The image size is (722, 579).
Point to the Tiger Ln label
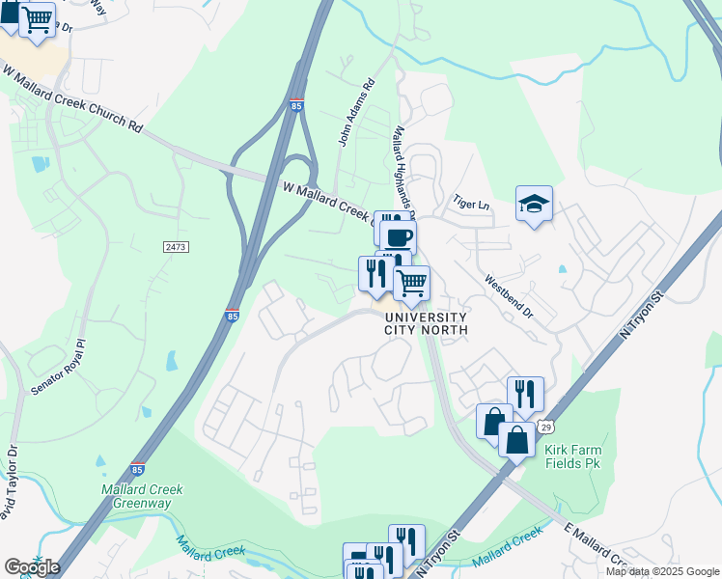click(472, 205)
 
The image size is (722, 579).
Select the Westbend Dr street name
click(508, 298)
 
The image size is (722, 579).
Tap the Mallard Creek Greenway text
click(142, 496)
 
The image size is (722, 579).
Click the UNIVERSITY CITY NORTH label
click(426, 323)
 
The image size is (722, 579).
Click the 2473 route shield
click(176, 248)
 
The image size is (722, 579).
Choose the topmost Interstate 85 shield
click(295, 105)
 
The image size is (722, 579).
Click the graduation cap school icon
click(534, 204)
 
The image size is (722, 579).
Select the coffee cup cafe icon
click(398, 236)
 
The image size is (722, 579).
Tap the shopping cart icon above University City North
click(411, 283)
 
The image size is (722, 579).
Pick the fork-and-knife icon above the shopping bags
click(524, 393)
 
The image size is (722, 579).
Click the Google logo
click(32, 567)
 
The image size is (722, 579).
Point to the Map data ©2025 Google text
click(662, 571)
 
